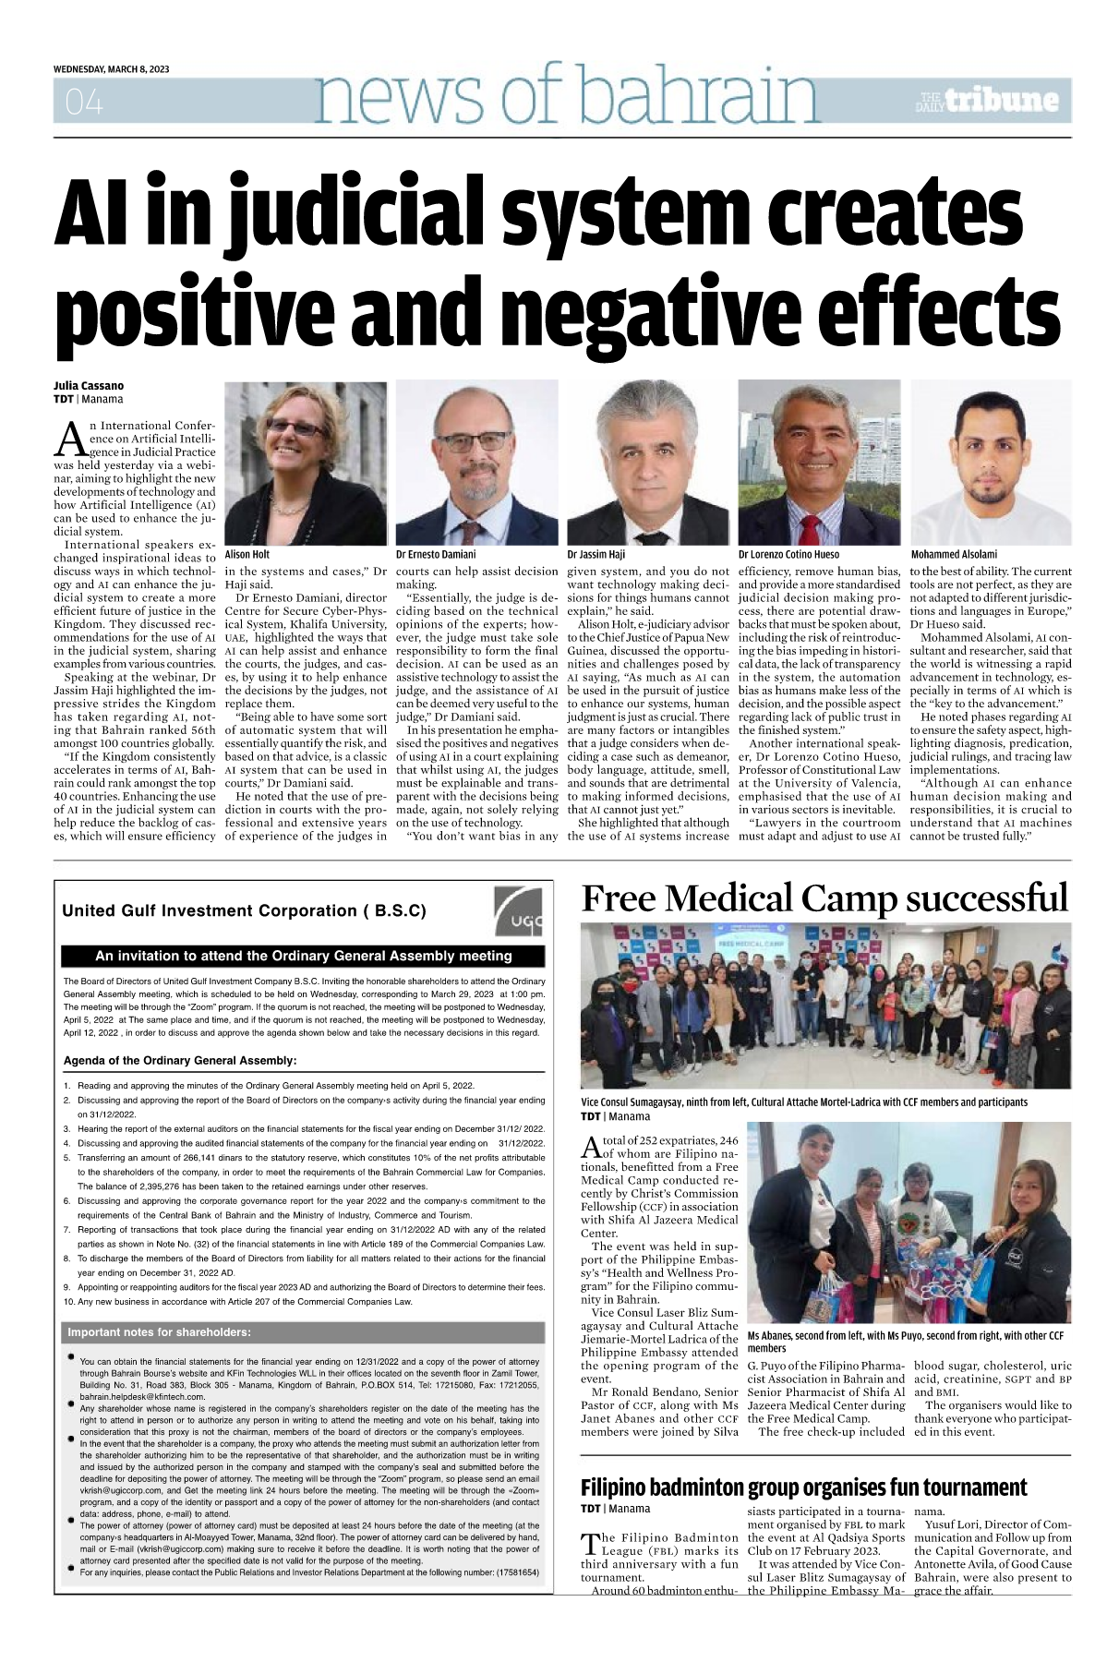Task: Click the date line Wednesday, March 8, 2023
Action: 111,70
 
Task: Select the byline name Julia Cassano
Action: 87,385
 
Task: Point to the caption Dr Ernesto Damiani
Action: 435,555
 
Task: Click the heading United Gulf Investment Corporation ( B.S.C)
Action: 244,910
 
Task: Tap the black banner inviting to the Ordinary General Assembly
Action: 303,956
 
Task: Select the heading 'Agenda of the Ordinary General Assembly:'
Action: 179,1060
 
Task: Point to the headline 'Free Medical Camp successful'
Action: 824,898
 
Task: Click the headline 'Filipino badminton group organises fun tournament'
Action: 803,1487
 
